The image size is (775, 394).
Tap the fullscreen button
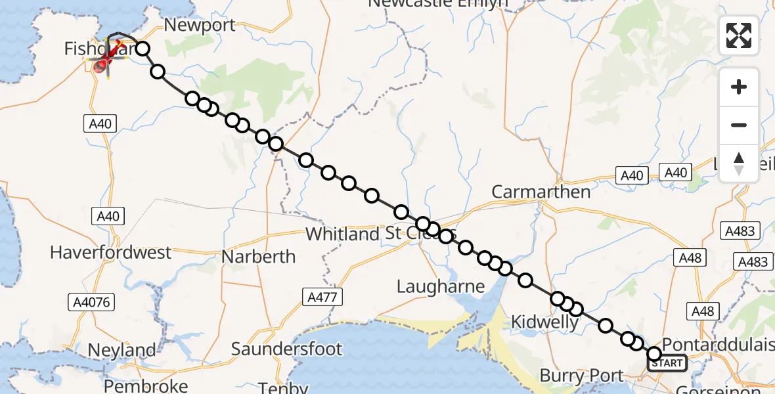coord(739,35)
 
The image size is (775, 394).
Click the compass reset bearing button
coord(739,164)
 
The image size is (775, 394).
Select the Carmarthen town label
coord(541,192)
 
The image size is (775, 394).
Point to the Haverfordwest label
coord(110,252)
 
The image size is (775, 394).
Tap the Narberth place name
coord(258,256)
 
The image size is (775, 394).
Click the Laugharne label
coord(441,286)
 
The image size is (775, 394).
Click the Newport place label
coord(200,26)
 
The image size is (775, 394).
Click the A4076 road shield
coord(91,302)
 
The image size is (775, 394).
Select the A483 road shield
coord(740,231)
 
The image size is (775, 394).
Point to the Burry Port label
coord(581,376)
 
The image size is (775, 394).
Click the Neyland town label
coord(122,350)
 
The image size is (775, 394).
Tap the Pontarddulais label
coord(719,345)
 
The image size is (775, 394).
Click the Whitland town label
coord(342,234)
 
